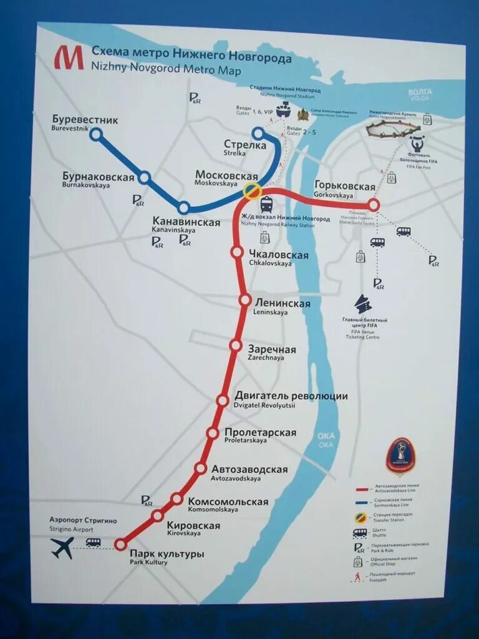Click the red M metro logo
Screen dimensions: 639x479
click(68, 57)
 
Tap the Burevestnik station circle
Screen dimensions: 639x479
click(95, 134)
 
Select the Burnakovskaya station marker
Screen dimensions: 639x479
click(144, 177)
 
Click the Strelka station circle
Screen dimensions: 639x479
click(258, 134)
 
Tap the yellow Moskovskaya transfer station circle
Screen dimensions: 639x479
click(252, 191)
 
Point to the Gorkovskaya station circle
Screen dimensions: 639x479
click(373, 204)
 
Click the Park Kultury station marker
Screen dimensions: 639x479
click(120, 545)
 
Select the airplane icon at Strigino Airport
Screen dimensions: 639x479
click(62, 547)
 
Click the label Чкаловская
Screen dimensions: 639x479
click(279, 255)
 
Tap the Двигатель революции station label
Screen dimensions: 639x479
click(291, 396)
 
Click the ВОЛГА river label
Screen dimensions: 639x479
click(420, 92)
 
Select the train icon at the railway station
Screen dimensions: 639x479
click(266, 204)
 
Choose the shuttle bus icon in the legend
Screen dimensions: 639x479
click(360, 533)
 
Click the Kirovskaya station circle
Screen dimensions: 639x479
click(157, 515)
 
